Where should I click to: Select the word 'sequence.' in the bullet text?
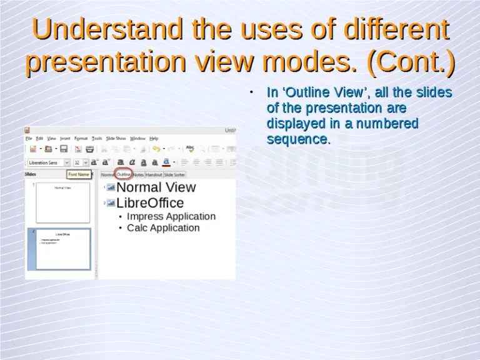coord(298,139)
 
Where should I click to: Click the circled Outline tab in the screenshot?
coord(124,175)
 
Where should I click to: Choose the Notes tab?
coord(138,175)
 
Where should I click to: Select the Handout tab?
coord(154,175)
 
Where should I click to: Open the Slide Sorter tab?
coord(174,175)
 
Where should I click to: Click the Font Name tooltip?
coord(79,174)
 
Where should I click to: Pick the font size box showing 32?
coord(77,162)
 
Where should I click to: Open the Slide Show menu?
coord(116,138)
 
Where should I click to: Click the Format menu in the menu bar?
coord(81,138)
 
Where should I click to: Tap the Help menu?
coord(154,138)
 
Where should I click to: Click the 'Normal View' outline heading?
coord(156,187)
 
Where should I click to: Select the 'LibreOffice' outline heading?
coord(150,203)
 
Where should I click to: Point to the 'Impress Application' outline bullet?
coord(171,216)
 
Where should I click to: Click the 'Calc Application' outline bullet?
coord(162,227)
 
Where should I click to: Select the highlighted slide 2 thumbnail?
coord(63,249)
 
